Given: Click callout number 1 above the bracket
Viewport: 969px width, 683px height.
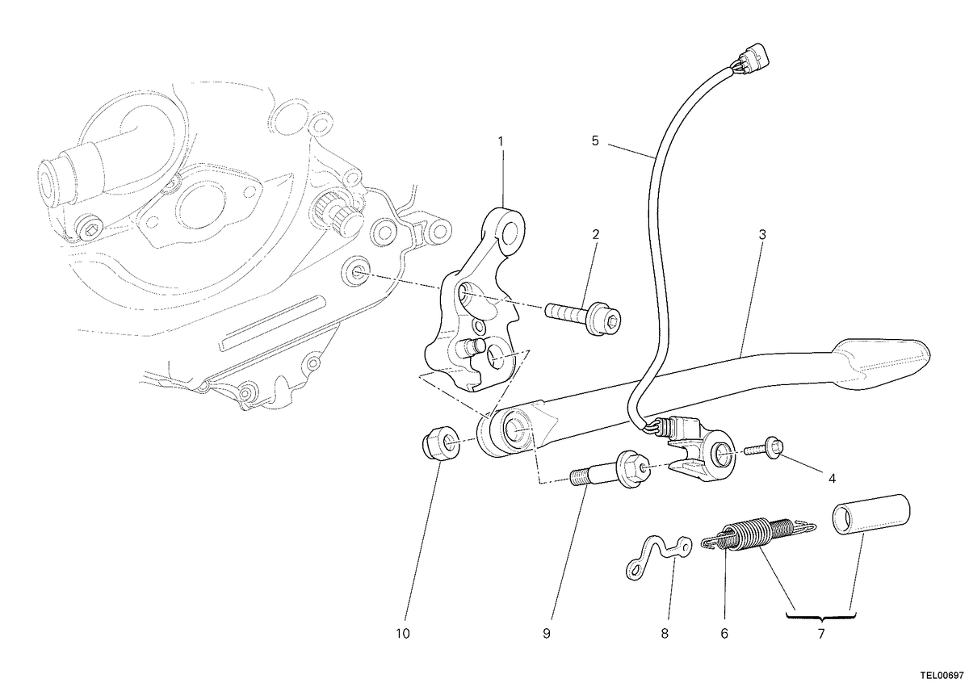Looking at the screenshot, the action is [x=501, y=141].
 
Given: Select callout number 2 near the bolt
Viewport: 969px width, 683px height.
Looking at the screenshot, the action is [x=596, y=234].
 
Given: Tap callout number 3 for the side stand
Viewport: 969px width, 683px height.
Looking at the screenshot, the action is [x=762, y=234].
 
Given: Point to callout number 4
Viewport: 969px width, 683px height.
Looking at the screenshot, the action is [x=832, y=479].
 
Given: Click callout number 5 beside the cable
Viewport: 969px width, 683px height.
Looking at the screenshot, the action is [x=595, y=141].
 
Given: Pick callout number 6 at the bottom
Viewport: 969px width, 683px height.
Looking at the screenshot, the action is [x=724, y=634].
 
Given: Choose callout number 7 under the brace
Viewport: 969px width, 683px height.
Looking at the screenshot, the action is [x=821, y=634].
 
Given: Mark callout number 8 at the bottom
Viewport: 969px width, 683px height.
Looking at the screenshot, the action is [x=665, y=634].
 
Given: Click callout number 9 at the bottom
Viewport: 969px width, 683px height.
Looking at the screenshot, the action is [x=547, y=634].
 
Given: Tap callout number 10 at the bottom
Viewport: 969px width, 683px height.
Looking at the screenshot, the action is [x=403, y=634].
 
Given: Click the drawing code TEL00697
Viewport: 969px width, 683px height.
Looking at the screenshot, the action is [x=944, y=675].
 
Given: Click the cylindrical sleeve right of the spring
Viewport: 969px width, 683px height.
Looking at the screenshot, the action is [x=870, y=516].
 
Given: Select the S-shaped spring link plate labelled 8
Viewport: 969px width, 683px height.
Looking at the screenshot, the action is [x=658, y=557].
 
